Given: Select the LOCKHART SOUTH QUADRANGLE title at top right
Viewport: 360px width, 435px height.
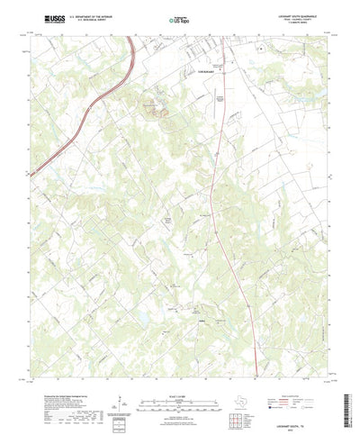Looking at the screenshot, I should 297,15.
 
